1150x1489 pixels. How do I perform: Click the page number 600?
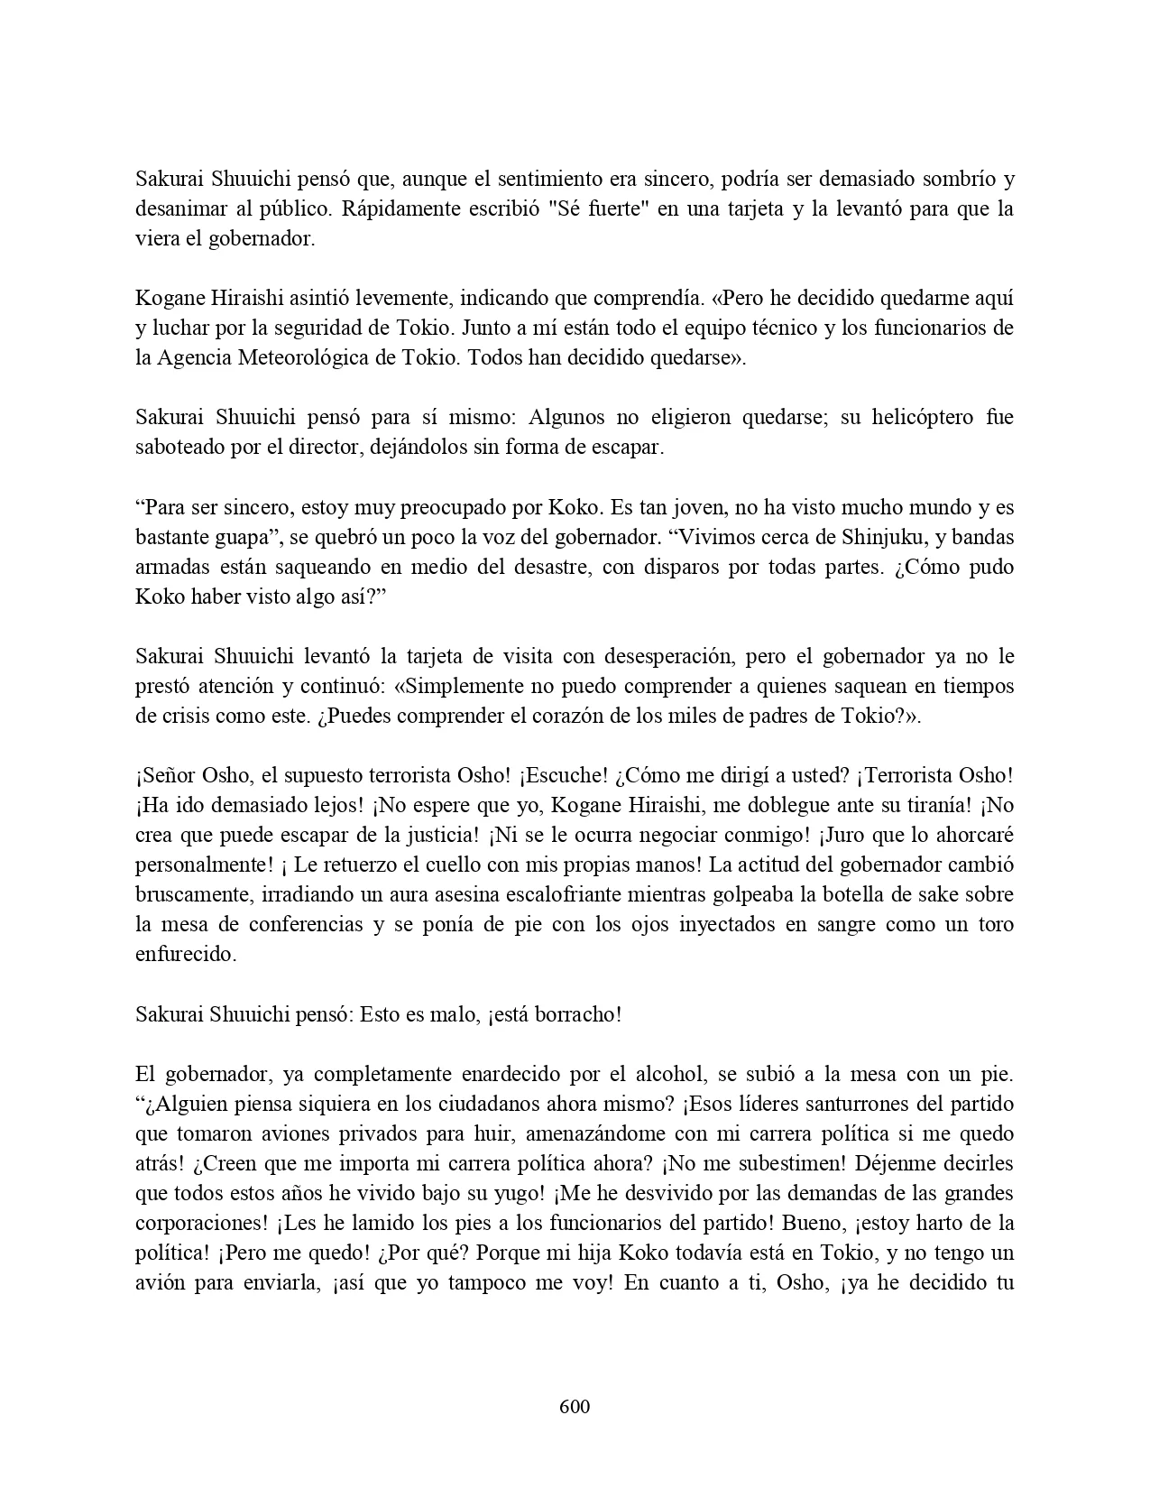(x=575, y=1407)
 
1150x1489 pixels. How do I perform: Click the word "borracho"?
(x=579, y=1014)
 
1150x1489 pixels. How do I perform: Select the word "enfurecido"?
(x=185, y=955)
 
